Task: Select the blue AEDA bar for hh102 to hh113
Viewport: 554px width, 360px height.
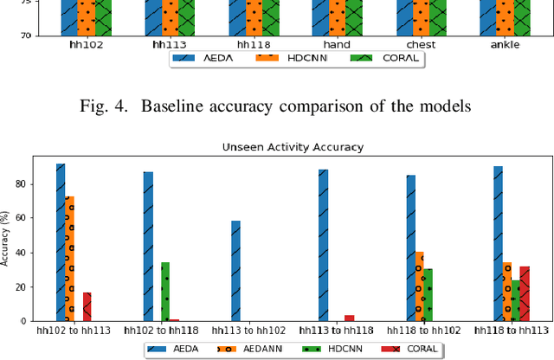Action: coord(61,242)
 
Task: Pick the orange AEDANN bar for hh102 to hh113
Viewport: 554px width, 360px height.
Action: coord(69,259)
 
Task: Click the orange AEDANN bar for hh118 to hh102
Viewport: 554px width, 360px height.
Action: coord(419,286)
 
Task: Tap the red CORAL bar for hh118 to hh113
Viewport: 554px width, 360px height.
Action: coord(525,293)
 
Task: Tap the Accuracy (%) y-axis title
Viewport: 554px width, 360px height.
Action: coord(6,237)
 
